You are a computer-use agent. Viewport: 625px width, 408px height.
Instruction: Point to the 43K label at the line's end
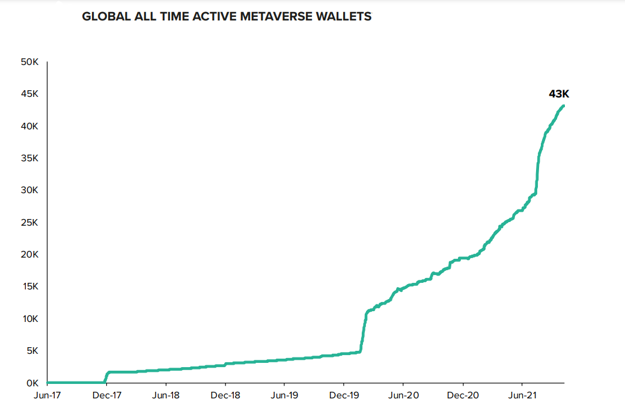pos(558,94)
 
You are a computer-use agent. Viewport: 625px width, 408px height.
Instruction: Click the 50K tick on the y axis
pos(30,62)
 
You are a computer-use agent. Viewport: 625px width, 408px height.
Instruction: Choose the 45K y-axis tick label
pos(30,94)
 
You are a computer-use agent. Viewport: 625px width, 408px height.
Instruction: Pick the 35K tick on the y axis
pos(30,158)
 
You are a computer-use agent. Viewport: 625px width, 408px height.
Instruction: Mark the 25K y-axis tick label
pos(30,223)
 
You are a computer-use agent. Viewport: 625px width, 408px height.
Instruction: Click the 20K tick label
pos(30,255)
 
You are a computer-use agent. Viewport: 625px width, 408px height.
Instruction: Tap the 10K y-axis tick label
pos(30,319)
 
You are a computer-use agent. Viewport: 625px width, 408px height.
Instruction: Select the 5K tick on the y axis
pos(32,351)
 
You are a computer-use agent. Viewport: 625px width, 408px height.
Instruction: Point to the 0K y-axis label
pos(32,383)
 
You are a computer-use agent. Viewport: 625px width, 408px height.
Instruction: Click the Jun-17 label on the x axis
pos(47,395)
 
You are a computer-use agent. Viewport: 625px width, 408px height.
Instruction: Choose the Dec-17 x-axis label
pos(106,395)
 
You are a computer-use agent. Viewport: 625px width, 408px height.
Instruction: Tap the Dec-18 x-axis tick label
pos(225,395)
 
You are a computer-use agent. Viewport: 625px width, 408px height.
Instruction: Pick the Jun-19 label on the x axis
pos(284,395)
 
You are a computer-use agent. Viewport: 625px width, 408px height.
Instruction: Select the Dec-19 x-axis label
pos(344,395)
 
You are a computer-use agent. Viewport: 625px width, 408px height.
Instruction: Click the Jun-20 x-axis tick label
pos(403,395)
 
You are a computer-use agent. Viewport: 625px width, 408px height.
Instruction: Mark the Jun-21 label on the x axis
pos(522,395)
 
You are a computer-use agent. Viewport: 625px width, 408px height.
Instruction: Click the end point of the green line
pos(563,106)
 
